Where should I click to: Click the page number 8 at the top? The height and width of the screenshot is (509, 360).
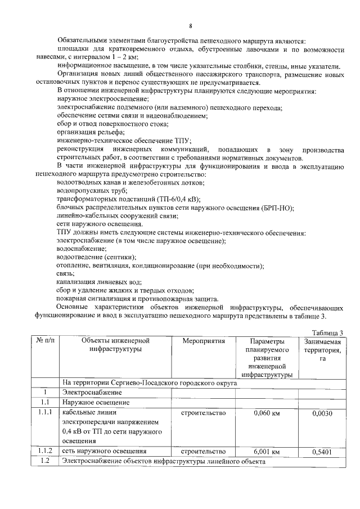191,26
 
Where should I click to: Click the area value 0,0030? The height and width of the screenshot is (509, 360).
323,414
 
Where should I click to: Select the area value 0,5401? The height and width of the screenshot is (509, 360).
323,452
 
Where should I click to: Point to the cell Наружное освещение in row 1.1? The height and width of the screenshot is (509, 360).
96,403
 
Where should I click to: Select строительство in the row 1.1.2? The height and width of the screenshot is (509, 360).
203,452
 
